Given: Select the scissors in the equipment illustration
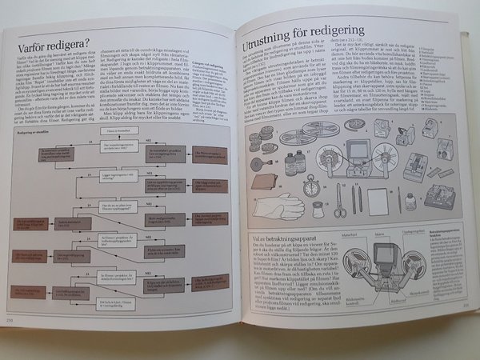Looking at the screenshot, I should pos(338,200).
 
